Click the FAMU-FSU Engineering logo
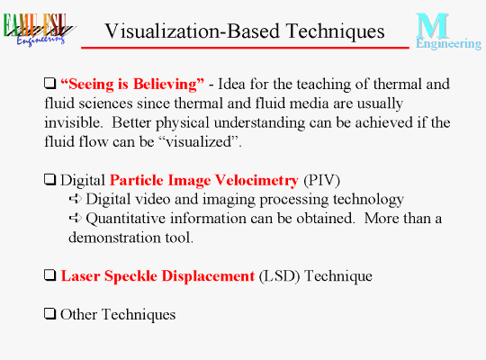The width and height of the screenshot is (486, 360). tap(39, 30)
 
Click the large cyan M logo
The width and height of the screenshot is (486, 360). tap(432, 26)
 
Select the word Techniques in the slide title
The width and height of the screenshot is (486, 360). tap(336, 32)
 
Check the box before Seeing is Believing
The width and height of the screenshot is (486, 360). tap(49, 83)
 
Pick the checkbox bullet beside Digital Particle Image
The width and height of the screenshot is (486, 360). tap(49, 179)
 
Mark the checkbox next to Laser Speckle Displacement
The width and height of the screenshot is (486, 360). tap(49, 274)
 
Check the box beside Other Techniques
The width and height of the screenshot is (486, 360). tap(49, 313)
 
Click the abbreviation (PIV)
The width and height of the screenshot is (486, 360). tap(321, 181)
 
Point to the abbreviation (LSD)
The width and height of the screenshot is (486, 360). tap(279, 276)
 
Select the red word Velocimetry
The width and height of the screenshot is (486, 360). tap(256, 181)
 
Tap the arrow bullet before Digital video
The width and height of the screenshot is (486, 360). tap(76, 198)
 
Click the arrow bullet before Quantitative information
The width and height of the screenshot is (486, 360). tap(76, 218)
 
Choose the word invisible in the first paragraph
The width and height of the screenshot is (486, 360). tap(73, 122)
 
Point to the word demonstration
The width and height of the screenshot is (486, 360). tap(114, 238)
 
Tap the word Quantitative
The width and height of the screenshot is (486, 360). tap(126, 219)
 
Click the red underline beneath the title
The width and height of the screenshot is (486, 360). tap(245, 48)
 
